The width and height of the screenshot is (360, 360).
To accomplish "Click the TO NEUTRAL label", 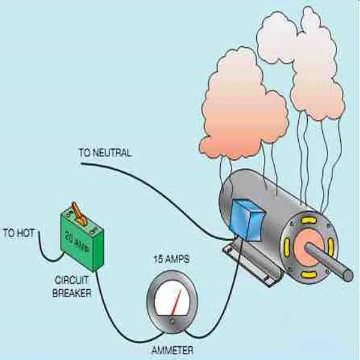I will tap(104, 153).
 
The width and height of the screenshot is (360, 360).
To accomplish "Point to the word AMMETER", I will tap(172, 350).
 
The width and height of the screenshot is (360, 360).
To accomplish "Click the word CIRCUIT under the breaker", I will tap(72, 281).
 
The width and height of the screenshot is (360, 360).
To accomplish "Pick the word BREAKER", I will tap(72, 293).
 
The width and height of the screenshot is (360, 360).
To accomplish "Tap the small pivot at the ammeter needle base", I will tap(172, 321).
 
